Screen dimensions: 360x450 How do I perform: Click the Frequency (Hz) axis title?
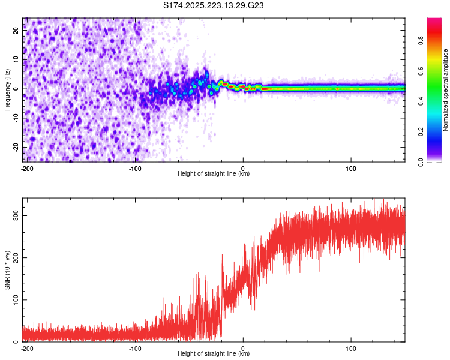tap(7, 89)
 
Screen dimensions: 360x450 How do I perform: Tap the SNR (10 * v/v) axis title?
tap(7, 269)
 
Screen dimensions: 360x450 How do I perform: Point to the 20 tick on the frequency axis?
tap(16, 31)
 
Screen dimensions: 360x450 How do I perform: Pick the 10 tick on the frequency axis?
tap(16, 59)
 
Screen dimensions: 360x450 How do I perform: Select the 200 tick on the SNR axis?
tap(16, 257)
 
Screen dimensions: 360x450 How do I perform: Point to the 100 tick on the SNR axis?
tap(16, 299)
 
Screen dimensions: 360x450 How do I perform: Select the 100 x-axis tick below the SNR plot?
tap(351, 348)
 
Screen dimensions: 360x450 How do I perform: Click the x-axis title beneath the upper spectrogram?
tap(214, 174)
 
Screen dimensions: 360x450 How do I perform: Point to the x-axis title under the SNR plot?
tap(214, 354)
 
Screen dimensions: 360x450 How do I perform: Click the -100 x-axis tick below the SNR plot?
tap(135, 348)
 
